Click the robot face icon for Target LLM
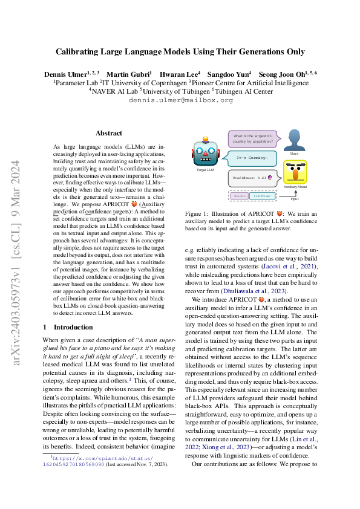[x=205, y=155]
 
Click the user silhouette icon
[x=294, y=140]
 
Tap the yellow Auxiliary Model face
[x=295, y=172]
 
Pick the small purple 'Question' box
[x=240, y=196]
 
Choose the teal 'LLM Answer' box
[x=261, y=196]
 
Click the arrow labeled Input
[x=295, y=192]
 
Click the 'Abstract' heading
[x=109, y=133]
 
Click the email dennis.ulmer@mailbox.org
[x=180, y=100]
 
